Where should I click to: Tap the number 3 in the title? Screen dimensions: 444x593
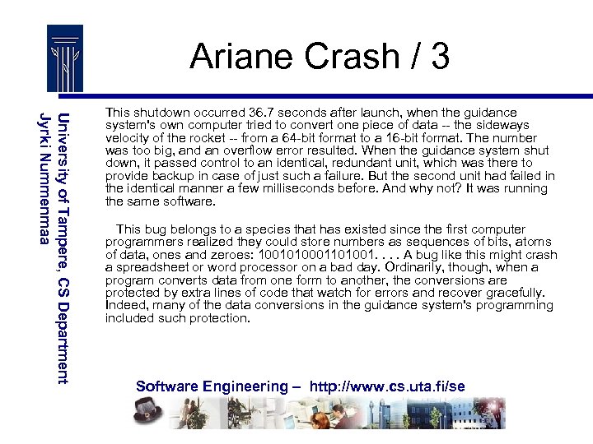439,57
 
